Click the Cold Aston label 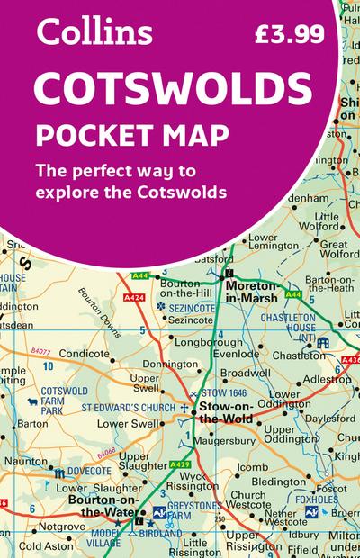pyautogui.click(x=45, y=545)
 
